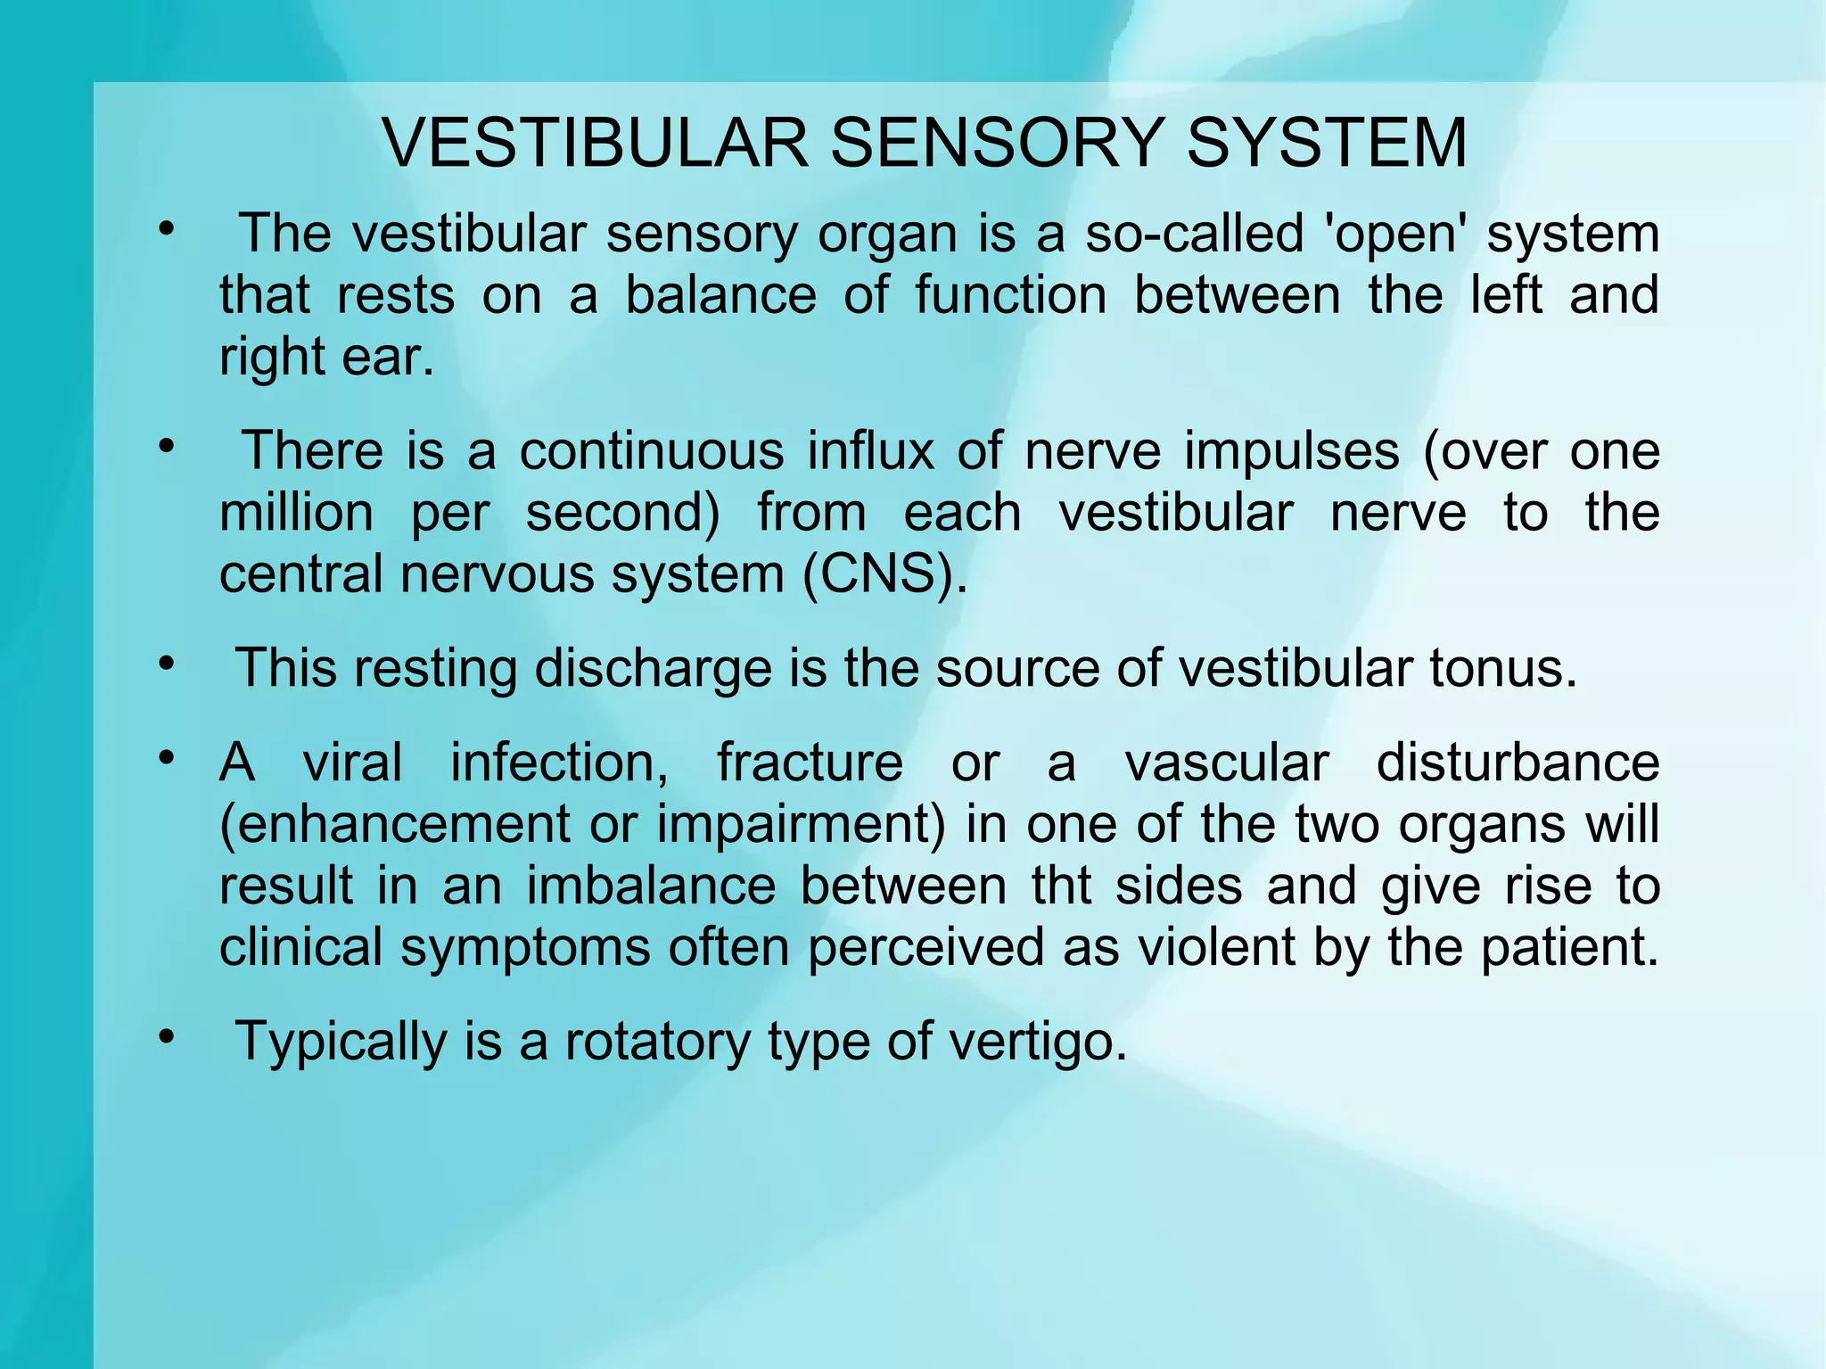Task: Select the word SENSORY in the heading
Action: [x=997, y=143]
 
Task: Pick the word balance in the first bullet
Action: [x=720, y=295]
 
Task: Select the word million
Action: [x=296, y=513]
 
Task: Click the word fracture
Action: [x=810, y=763]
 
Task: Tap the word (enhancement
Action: [x=394, y=824]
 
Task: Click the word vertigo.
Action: [x=1038, y=1041]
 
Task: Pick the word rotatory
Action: [x=658, y=1041]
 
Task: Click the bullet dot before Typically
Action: [x=165, y=1036]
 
